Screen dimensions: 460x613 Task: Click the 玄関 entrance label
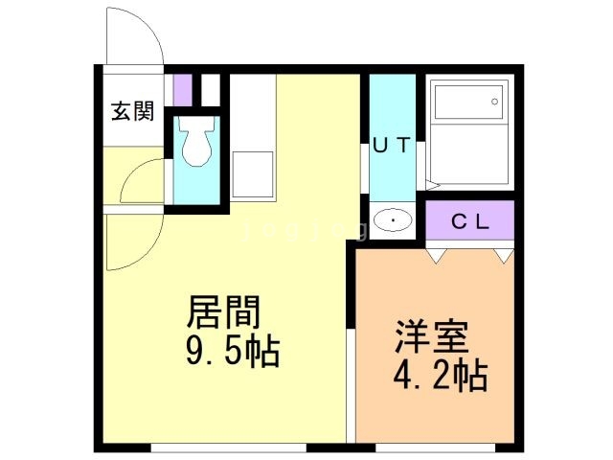coord(132,112)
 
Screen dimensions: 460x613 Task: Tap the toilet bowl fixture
coord(198,145)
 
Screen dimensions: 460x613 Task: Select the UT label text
coord(391,146)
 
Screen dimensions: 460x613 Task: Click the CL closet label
coord(470,222)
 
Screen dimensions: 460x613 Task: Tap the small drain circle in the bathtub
coord(495,100)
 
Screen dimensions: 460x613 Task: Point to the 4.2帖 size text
coord(439,375)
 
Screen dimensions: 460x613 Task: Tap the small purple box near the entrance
coord(182,89)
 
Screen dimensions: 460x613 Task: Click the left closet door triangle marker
coord(436,256)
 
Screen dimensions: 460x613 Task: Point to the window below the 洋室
coord(436,448)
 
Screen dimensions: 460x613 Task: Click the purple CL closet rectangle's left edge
coord(427,222)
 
